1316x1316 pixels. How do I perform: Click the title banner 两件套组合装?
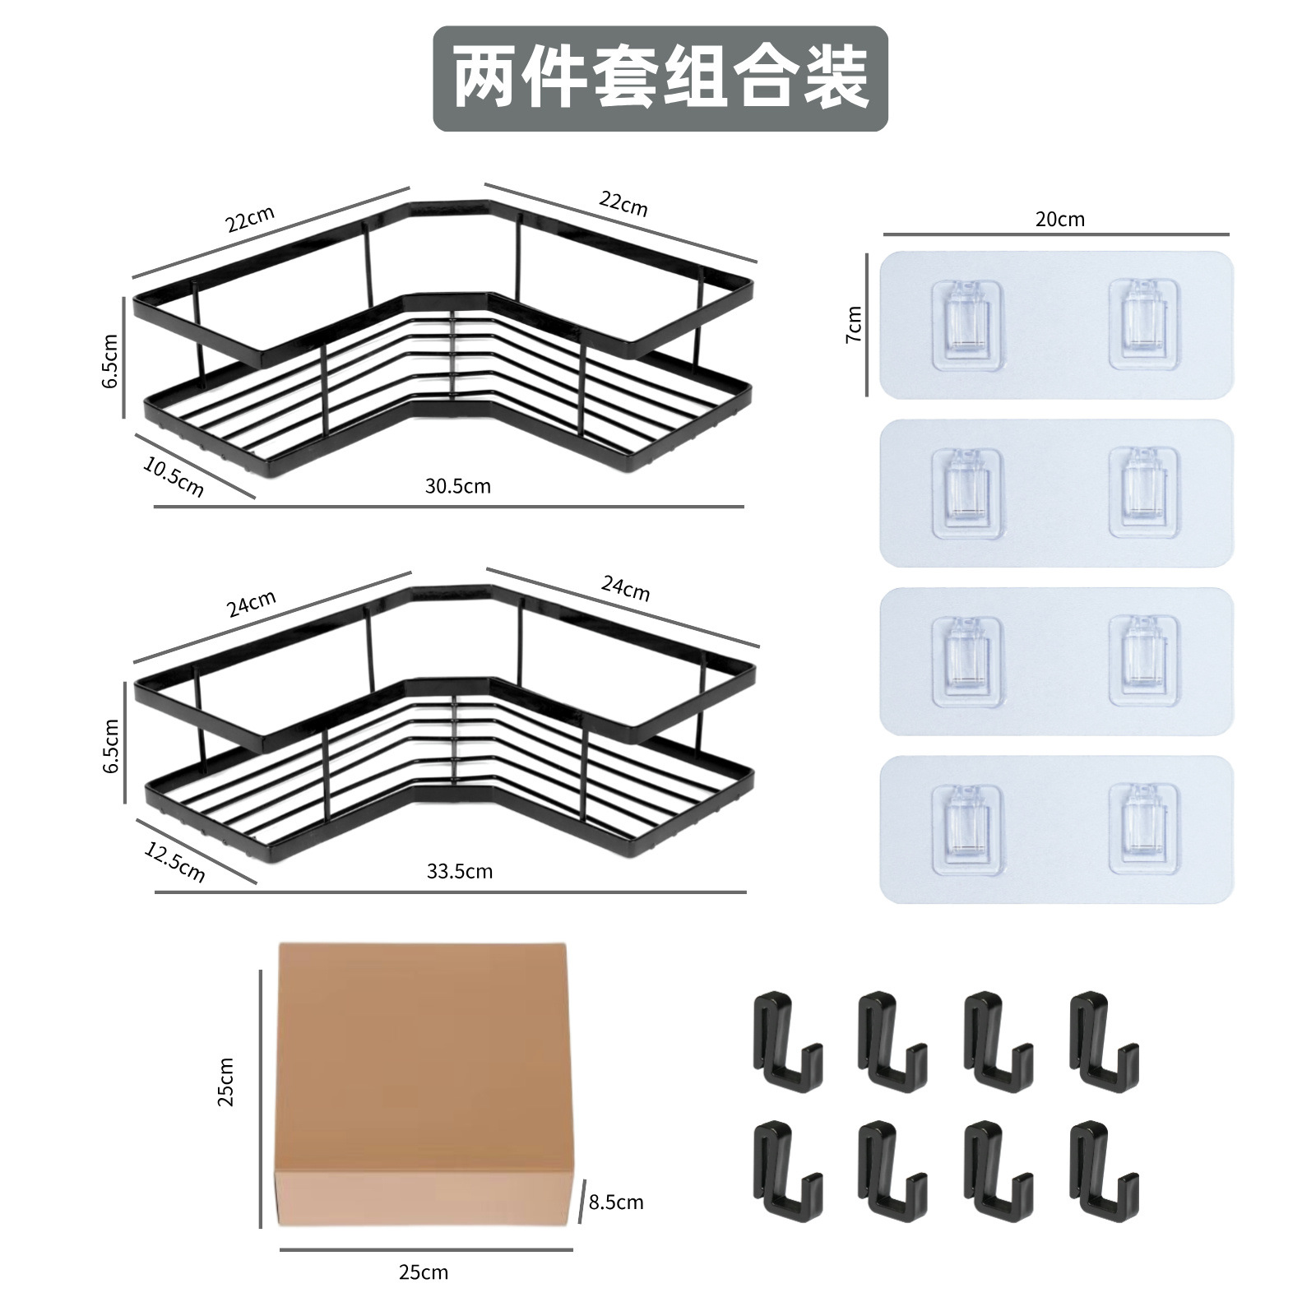pos(660,78)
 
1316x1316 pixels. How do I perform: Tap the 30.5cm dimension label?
pos(457,486)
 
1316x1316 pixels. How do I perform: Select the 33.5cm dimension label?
pos(459,871)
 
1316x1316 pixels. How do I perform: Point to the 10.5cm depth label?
pos(174,477)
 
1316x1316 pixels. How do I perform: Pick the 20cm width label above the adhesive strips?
pos(1059,219)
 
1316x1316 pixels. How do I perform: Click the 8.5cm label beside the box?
pos(616,1202)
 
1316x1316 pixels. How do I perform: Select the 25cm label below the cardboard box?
pos(424,1272)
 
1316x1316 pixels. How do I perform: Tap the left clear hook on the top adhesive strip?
pos(970,323)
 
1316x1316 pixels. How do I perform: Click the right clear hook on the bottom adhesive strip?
pos(1143,828)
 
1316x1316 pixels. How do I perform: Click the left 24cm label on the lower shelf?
pos(251,604)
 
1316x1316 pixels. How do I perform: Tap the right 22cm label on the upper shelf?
pos(623,202)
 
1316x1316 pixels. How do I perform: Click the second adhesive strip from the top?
pos(1056,493)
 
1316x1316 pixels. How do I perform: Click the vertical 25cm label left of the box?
pos(226,1082)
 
